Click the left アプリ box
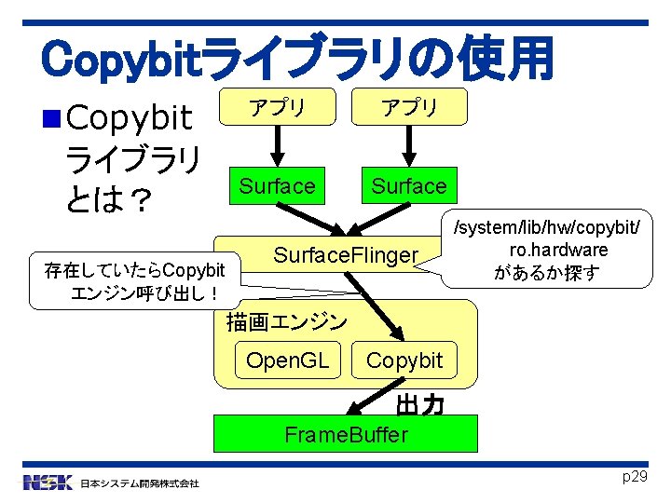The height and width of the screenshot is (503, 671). (x=276, y=108)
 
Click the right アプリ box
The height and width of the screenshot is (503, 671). (x=408, y=108)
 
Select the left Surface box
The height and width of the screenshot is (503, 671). (x=277, y=186)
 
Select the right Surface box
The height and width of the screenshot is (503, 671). (x=408, y=186)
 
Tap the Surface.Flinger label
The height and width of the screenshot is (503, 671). (x=345, y=254)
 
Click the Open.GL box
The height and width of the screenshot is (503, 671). (x=288, y=360)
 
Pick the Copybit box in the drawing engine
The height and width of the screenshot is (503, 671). (x=404, y=360)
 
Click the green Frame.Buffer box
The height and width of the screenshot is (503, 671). (x=346, y=434)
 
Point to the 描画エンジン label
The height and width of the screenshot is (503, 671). (x=286, y=322)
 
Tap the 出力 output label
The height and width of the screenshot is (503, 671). (x=418, y=406)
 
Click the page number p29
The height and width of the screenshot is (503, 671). (x=634, y=477)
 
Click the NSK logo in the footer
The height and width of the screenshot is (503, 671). (x=48, y=483)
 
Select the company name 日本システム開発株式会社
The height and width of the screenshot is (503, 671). (x=139, y=483)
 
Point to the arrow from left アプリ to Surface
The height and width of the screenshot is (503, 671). (x=276, y=142)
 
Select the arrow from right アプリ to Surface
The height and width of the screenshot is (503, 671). (x=408, y=142)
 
